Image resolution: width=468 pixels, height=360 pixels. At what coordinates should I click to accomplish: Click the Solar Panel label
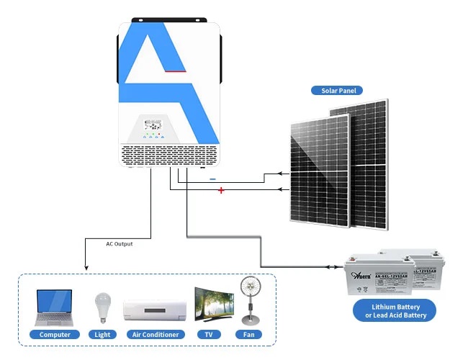click(x=337, y=91)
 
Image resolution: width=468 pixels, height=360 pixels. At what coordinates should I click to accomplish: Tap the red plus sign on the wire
click(x=221, y=191)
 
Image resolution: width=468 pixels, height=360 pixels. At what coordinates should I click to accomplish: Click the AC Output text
click(x=119, y=244)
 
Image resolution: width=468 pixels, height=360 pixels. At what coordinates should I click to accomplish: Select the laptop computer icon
click(x=55, y=307)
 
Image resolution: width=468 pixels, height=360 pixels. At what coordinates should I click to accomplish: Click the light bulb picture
click(x=102, y=308)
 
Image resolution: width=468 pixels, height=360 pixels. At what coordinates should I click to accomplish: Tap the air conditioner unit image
click(x=154, y=310)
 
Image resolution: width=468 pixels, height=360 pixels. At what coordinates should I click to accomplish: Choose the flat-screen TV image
click(x=215, y=307)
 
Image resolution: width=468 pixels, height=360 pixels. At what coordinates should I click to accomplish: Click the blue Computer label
click(x=55, y=335)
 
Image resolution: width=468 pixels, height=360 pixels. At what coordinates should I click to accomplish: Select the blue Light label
click(x=102, y=335)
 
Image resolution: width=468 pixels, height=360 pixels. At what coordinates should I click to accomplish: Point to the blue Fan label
click(x=248, y=335)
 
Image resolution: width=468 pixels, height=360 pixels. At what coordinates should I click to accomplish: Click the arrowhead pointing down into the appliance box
click(x=86, y=268)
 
